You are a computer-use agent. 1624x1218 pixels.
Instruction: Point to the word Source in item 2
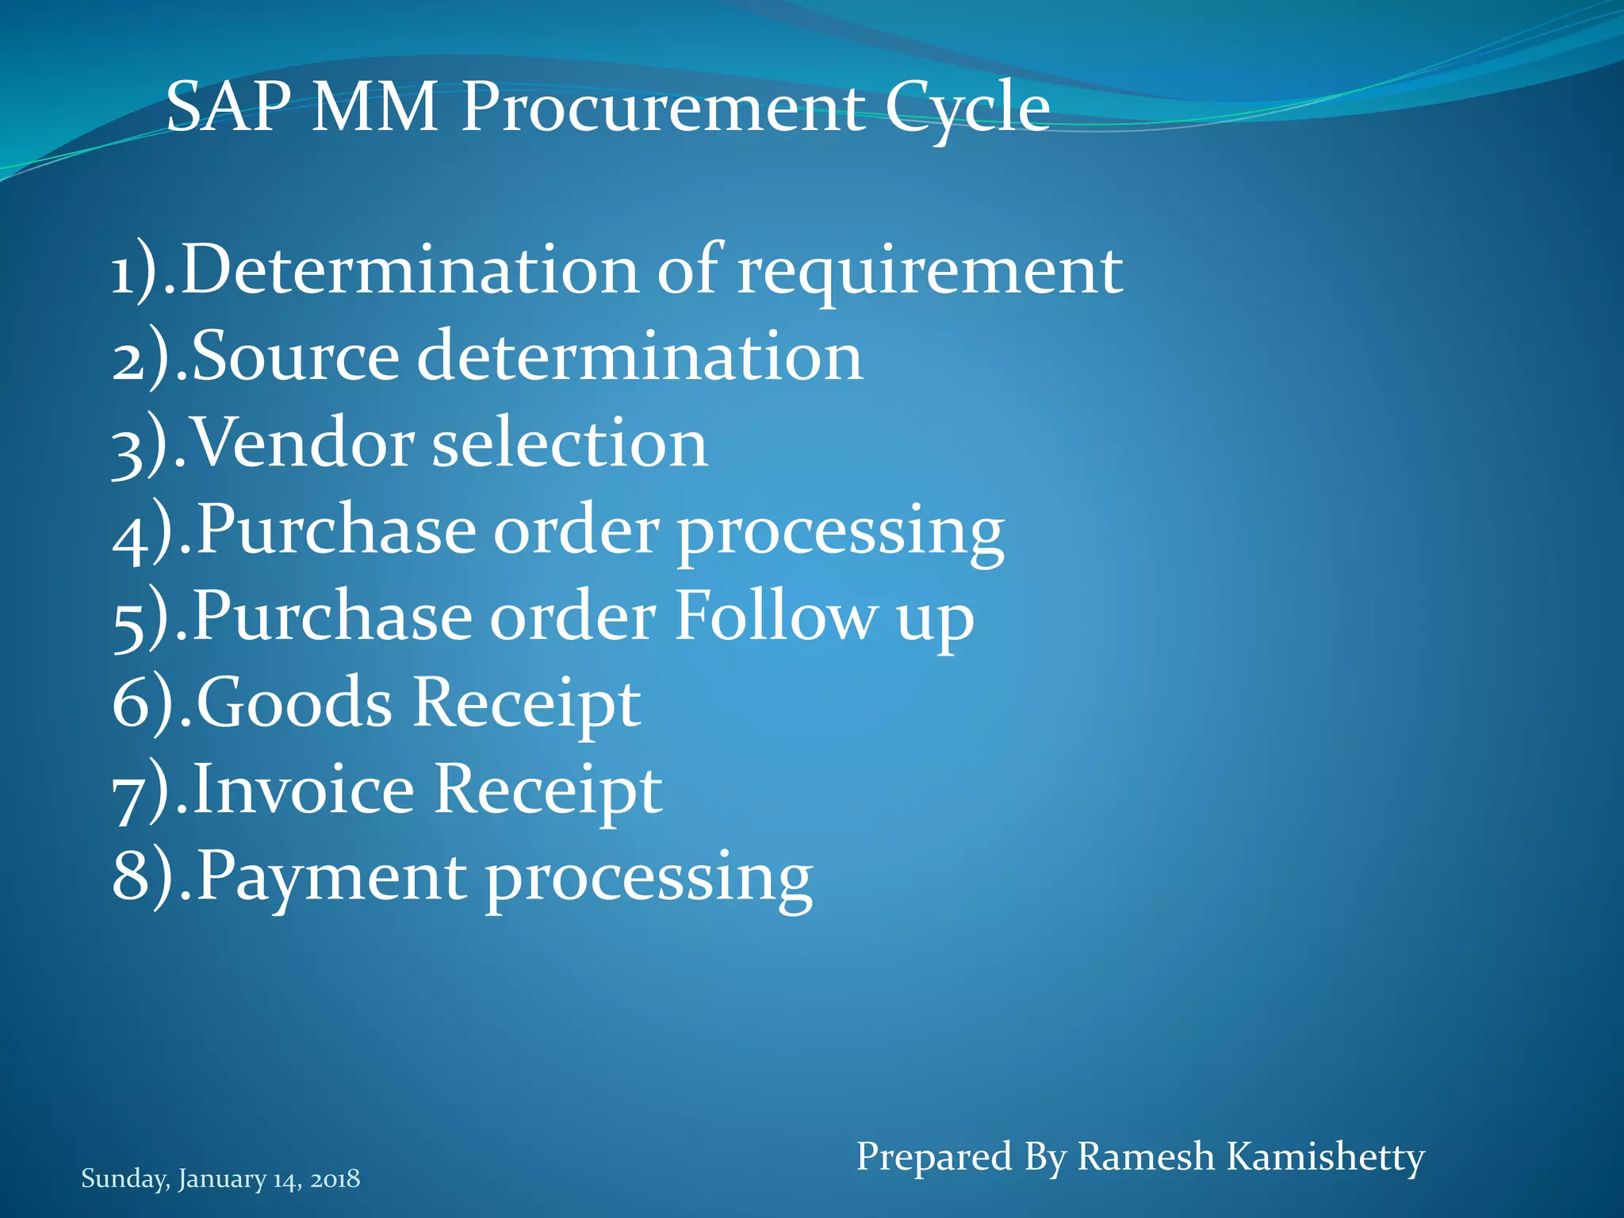click(295, 357)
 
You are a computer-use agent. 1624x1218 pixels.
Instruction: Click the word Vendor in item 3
click(303, 443)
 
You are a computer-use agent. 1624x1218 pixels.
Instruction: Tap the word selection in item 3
click(569, 443)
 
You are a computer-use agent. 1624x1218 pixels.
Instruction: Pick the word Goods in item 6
click(293, 703)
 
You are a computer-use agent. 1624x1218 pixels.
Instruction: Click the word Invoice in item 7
click(303, 789)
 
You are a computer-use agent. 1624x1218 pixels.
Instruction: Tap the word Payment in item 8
click(331, 877)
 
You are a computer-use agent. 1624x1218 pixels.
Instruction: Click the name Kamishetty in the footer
click(1325, 1157)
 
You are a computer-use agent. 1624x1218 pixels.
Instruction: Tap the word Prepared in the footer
click(933, 1157)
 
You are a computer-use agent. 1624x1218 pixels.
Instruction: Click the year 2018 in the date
click(335, 1179)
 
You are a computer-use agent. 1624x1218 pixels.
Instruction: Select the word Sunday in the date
click(124, 1179)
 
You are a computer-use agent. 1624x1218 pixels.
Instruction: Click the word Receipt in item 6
click(527, 703)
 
